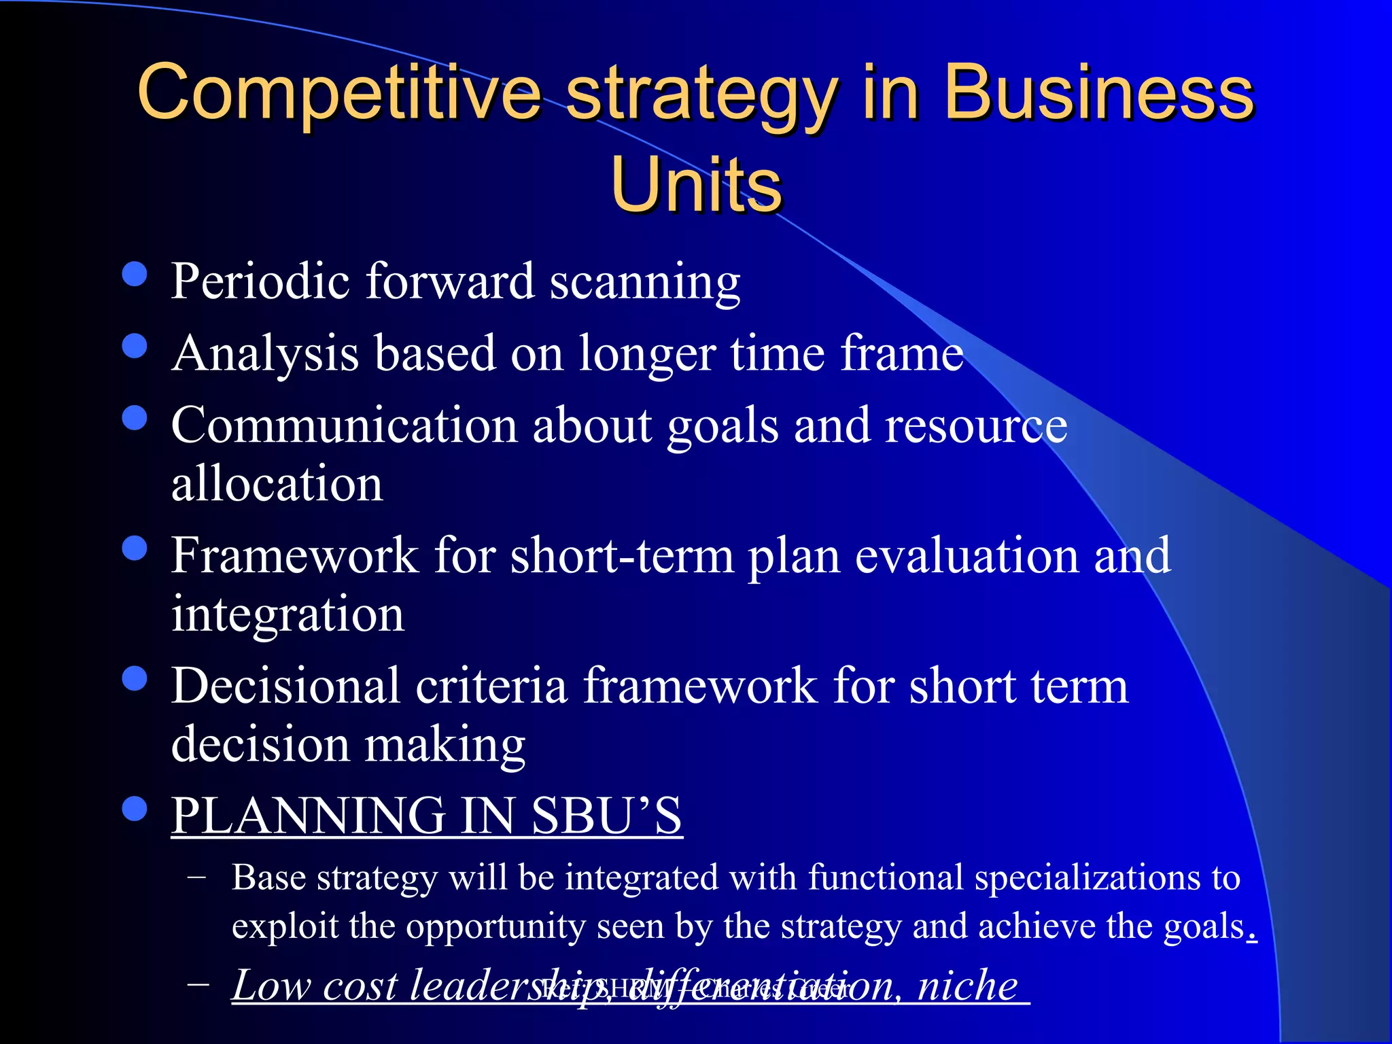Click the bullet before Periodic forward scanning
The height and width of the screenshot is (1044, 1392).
click(135, 274)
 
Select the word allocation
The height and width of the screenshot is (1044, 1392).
click(277, 484)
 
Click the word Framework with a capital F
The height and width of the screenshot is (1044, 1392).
click(294, 556)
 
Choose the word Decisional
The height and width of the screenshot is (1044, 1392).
click(285, 686)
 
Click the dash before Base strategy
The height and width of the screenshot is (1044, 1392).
click(197, 877)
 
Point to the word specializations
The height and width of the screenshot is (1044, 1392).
click(1085, 879)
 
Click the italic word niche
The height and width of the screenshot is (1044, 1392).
click(968, 985)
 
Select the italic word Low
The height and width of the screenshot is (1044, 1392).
click(271, 985)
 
